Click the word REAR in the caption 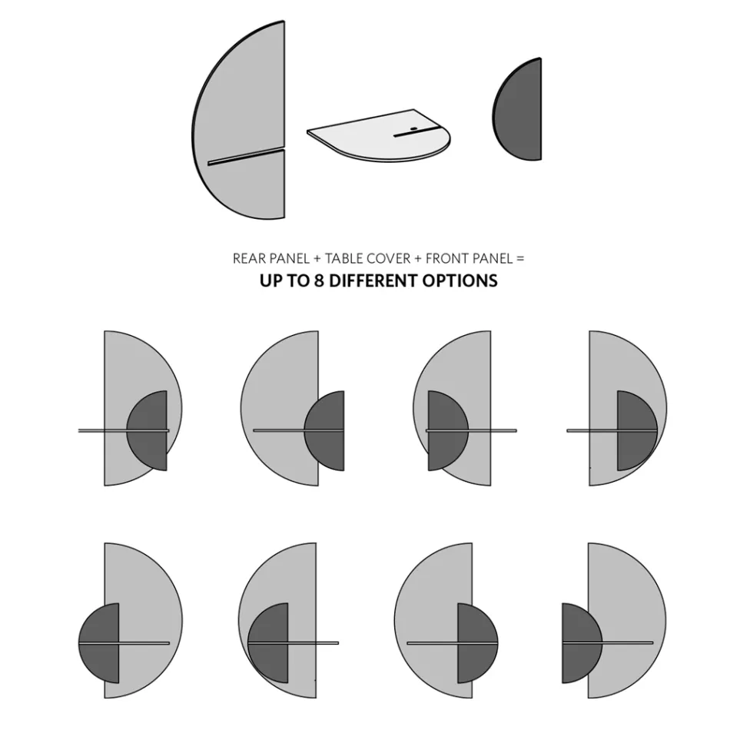point(249,259)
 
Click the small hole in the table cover point(413,128)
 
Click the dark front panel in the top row point(521,110)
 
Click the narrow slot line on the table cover point(415,134)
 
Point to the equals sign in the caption point(520,259)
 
